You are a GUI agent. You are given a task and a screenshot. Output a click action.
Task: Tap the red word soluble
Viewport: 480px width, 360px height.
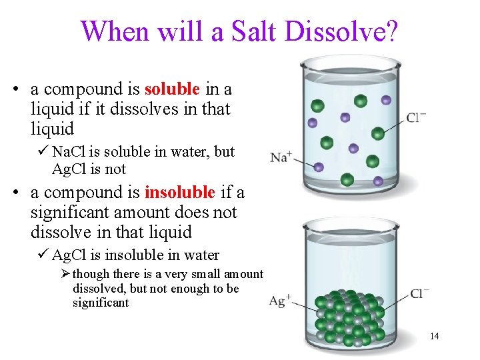172,89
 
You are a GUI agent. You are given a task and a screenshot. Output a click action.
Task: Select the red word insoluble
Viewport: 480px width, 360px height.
179,193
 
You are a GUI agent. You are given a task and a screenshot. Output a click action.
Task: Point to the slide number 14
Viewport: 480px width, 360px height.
434,336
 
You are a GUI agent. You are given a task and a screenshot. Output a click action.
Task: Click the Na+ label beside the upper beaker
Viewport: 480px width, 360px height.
281,157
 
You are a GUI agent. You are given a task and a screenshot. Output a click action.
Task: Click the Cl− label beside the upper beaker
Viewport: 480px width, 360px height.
417,119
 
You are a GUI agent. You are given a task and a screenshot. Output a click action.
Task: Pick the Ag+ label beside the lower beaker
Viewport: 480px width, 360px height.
279,301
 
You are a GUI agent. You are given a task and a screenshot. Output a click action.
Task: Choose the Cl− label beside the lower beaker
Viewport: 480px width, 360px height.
420,294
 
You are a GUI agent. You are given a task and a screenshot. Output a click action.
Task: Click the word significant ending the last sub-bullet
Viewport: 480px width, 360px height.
101,303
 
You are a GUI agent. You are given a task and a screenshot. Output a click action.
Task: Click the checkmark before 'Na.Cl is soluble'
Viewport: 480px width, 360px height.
43,152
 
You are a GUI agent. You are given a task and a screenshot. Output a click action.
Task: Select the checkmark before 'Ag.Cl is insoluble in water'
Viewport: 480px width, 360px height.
43,255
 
